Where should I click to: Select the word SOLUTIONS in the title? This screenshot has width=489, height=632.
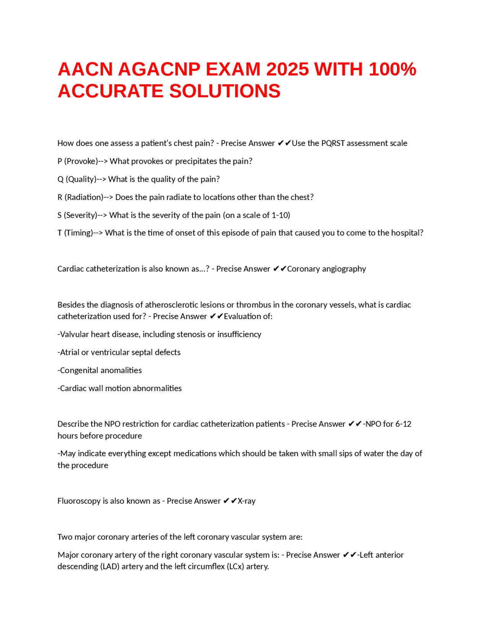point(225,91)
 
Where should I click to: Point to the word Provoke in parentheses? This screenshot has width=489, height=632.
point(81,161)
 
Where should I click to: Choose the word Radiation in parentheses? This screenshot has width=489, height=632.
point(84,197)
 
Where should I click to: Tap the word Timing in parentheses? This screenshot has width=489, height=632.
point(79,233)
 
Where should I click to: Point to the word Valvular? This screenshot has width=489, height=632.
point(74,334)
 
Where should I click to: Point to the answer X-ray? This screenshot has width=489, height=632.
point(246,501)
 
